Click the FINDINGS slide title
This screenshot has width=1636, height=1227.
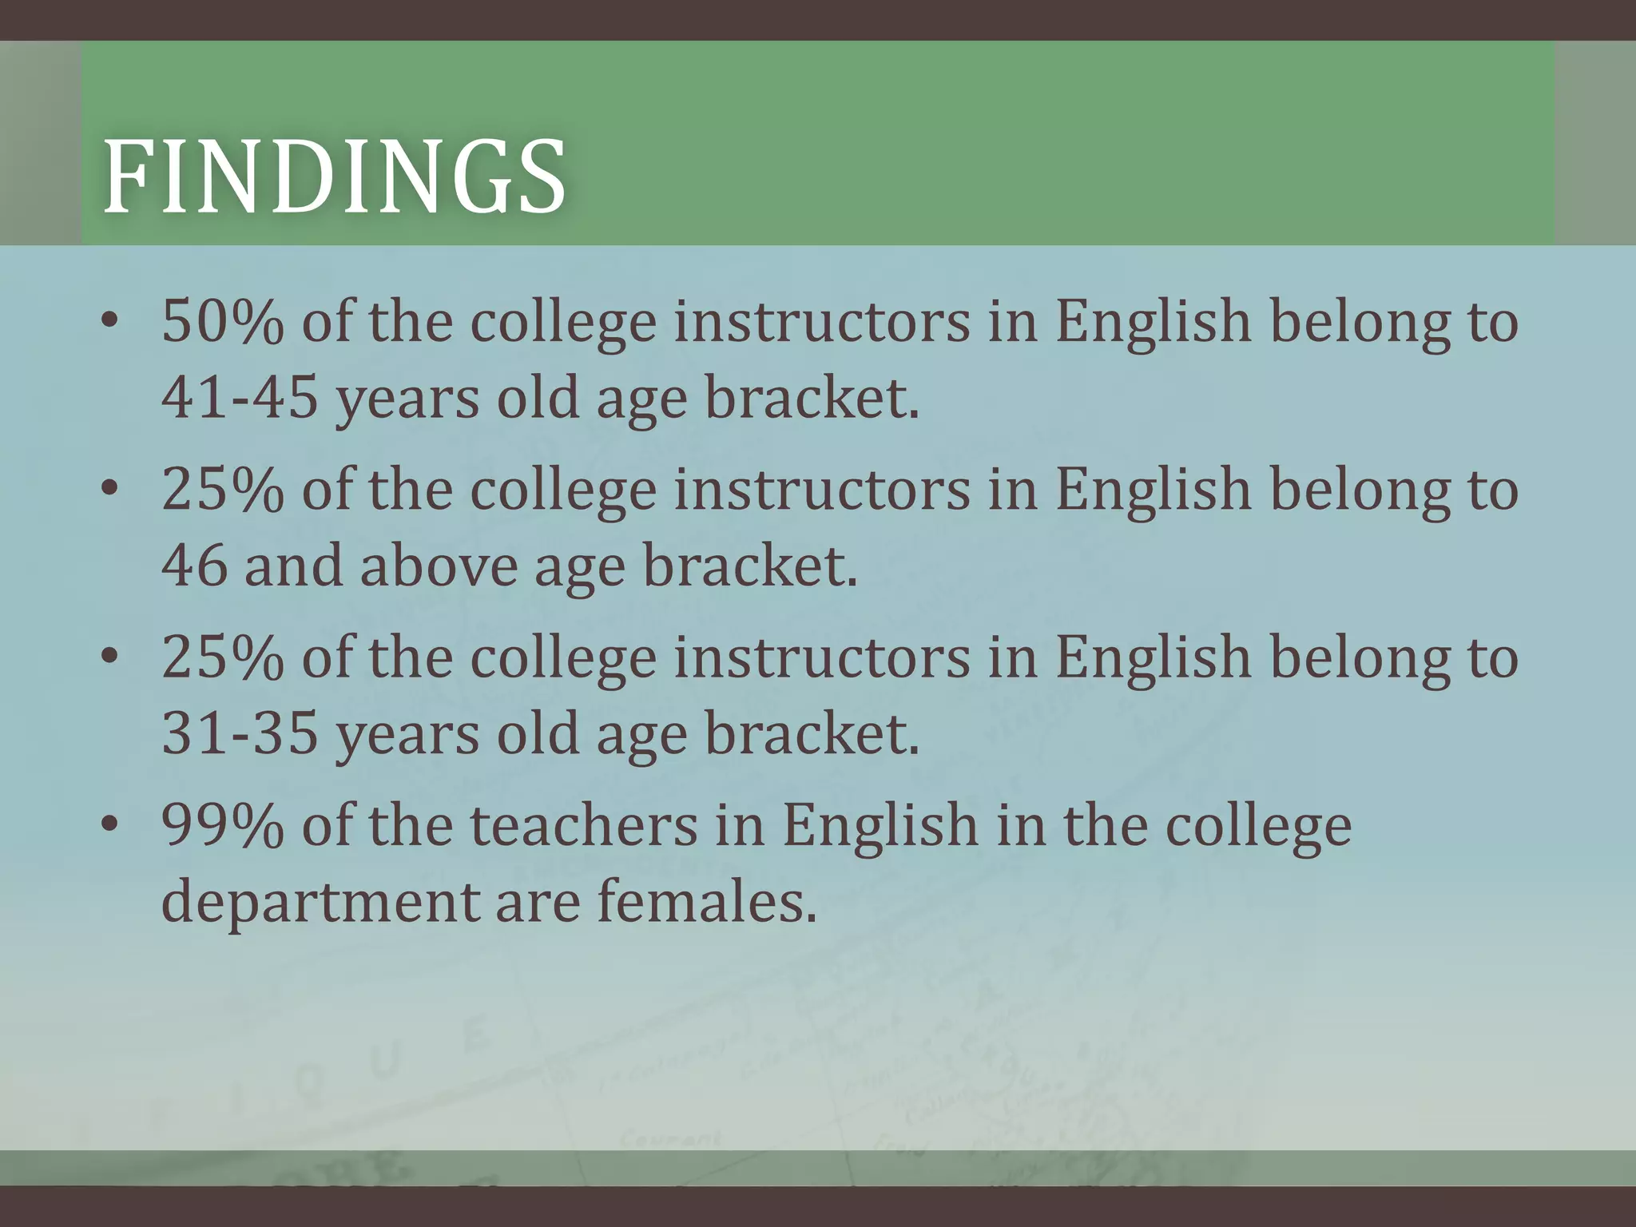coord(335,177)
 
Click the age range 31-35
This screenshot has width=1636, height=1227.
coord(240,733)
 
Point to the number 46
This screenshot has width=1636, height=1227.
coord(194,566)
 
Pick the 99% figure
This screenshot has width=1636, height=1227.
coord(222,826)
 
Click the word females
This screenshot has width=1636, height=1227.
coord(707,901)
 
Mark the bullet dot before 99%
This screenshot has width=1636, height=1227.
coord(110,828)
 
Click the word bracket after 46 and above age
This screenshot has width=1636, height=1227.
coord(750,566)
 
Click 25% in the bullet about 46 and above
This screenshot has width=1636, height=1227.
coord(222,490)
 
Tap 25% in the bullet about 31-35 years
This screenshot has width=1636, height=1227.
coord(222,658)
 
